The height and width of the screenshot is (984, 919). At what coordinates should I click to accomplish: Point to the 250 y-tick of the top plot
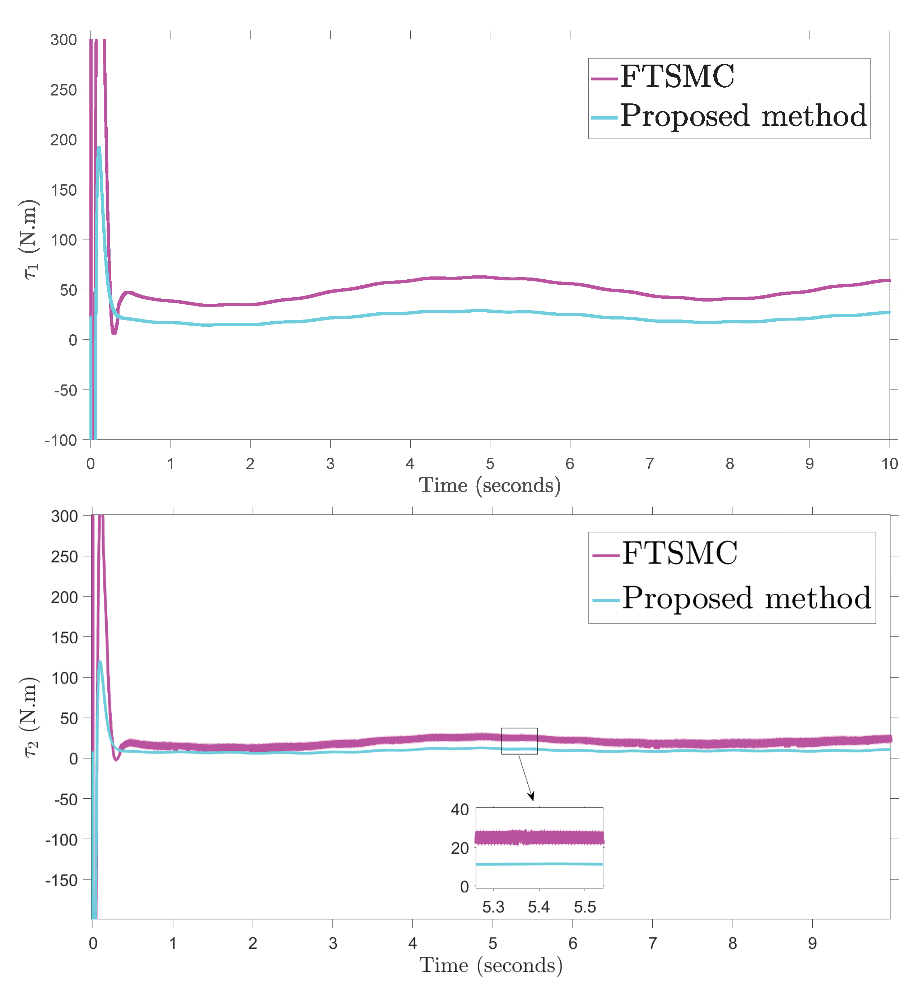63,90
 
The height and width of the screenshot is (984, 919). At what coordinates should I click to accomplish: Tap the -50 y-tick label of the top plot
65,390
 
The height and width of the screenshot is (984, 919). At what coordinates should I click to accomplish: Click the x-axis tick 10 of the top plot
889,464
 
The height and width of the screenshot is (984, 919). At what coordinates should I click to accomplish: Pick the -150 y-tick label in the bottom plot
61,880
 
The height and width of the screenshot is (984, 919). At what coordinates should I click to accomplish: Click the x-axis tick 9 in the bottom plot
812,943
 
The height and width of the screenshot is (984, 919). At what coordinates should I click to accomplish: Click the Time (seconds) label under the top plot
490,485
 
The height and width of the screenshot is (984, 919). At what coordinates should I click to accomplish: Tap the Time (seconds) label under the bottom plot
491,965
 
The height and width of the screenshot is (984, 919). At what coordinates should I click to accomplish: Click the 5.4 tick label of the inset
538,907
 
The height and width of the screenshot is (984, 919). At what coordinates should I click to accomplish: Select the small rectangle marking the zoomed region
519,741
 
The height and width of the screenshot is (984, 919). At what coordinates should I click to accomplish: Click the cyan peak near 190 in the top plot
99,148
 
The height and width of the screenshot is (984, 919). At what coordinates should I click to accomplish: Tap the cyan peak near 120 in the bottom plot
99,662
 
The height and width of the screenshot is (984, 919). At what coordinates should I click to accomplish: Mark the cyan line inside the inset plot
540,864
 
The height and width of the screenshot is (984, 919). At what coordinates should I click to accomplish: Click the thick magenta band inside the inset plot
540,838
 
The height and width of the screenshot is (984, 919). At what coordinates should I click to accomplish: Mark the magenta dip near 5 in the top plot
114,333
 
